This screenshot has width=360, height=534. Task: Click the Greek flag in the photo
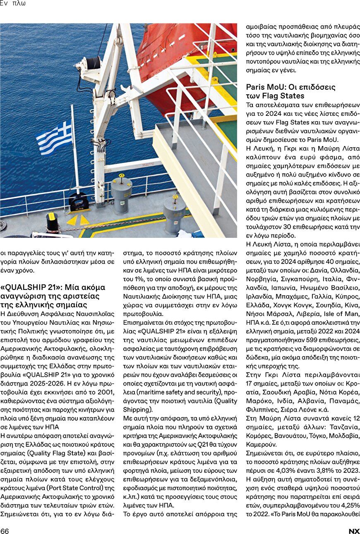pyautogui.click(x=54, y=137)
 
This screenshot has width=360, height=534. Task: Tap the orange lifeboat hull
pyautogui.click(x=174, y=50)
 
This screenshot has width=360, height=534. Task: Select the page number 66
pyautogui.click(x=5, y=531)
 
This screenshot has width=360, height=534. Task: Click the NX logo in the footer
pyautogui.click(x=354, y=531)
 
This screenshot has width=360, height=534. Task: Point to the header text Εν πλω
pyautogui.click(x=13, y=4)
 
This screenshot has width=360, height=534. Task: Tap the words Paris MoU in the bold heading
pyautogui.click(x=263, y=87)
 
